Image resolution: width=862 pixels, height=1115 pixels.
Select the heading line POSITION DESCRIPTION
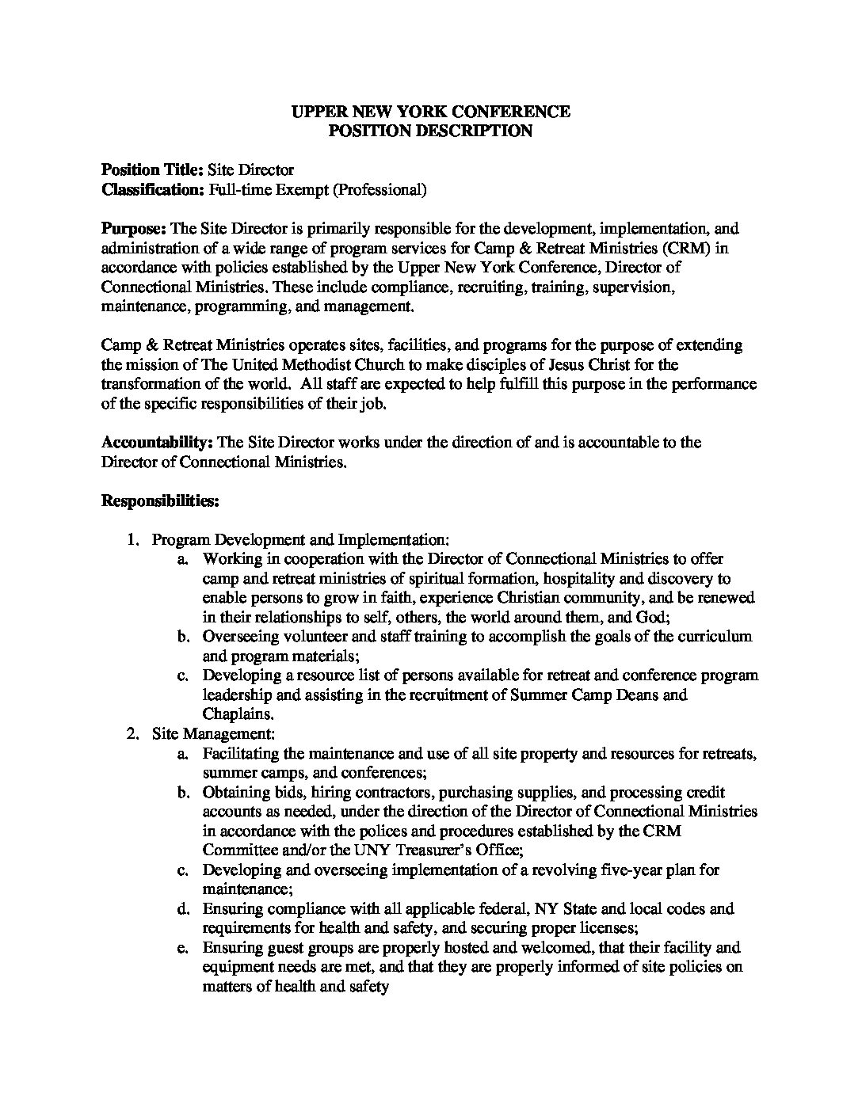pos(430,131)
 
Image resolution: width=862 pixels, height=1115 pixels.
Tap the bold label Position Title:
pos(153,170)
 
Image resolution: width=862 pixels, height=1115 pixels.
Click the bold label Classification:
pos(153,190)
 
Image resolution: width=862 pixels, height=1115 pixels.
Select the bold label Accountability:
pos(158,443)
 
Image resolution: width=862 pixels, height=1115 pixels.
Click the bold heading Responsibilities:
pos(160,501)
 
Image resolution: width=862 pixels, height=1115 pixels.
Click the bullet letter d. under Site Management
pos(183,908)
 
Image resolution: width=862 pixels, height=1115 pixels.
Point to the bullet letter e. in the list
pos(183,947)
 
